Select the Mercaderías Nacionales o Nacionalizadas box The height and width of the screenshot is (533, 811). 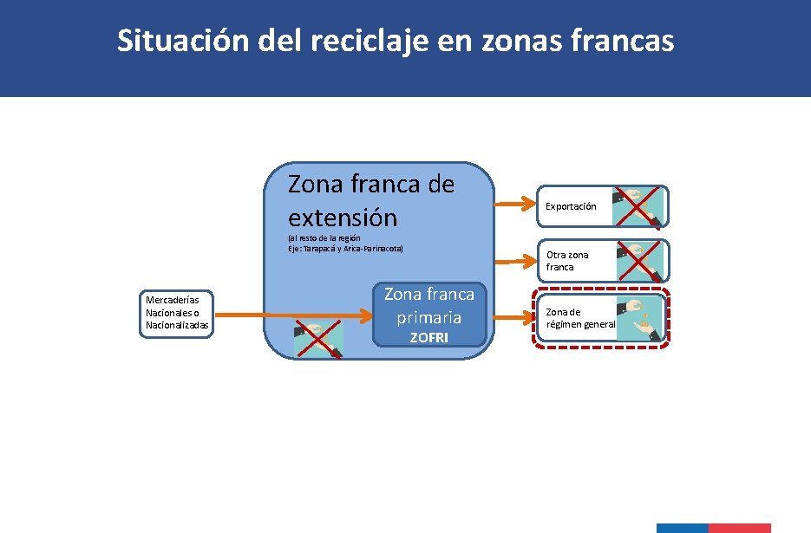[x=176, y=314]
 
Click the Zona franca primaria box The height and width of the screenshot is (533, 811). [x=429, y=314]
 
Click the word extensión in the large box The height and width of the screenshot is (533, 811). [x=343, y=217]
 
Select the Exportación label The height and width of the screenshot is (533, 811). [x=570, y=206]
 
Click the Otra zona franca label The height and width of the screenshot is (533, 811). [x=566, y=261]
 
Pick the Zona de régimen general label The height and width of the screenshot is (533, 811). [x=579, y=318]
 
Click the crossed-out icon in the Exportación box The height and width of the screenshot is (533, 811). [x=638, y=206]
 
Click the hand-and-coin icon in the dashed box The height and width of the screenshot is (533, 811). [x=639, y=318]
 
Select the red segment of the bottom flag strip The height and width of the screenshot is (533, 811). [x=739, y=528]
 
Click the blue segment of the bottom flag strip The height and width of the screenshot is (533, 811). [x=682, y=528]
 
